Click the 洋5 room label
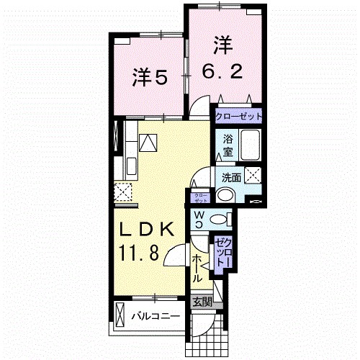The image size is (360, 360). [150, 77]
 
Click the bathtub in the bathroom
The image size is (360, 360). [251, 148]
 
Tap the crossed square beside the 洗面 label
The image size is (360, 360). [253, 174]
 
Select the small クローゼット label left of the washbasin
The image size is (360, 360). [200, 196]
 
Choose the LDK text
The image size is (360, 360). [147, 231]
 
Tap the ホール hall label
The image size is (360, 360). [197, 266]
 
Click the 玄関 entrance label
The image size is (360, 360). [202, 302]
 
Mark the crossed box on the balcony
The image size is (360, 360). [120, 315]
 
